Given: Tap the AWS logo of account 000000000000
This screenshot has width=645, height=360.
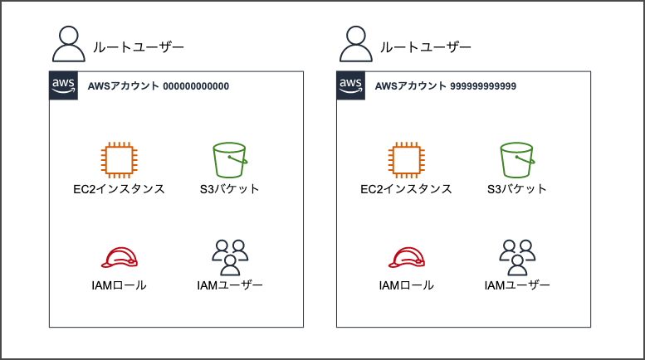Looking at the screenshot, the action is pos(63,85).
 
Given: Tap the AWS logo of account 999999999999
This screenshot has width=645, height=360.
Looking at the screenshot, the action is pos(350,85).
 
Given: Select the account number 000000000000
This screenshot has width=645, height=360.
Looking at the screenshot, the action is pos(196,86).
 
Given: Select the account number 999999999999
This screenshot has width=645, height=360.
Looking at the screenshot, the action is pos(483,86).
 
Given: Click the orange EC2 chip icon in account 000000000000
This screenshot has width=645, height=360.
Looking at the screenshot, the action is pos(120,160).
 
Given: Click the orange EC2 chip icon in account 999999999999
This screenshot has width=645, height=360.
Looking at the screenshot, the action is pos(407,160).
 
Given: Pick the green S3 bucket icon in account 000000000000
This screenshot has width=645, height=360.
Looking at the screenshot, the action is pos(230,160).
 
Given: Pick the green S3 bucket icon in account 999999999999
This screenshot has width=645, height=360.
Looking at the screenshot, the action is pos(517,160).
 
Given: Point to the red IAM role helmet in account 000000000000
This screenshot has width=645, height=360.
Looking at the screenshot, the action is pos(120,258).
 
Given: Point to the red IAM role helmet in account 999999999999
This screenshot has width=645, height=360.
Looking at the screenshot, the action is pos(407,258).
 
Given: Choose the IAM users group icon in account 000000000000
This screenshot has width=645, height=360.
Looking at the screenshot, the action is pos(230,258).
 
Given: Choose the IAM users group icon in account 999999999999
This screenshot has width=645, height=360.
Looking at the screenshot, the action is pos(517,258).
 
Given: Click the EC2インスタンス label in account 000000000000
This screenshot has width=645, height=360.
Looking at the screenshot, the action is pos(119,189).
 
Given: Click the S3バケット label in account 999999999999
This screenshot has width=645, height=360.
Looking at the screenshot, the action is pos(516,189).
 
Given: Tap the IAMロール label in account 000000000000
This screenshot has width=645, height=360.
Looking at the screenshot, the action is pos(119,285).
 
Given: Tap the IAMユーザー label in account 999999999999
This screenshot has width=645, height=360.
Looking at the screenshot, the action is pos(517,285).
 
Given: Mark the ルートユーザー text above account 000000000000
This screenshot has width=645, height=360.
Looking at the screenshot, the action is pos(138,47).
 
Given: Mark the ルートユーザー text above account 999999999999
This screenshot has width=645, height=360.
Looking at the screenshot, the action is pos(425,47).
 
